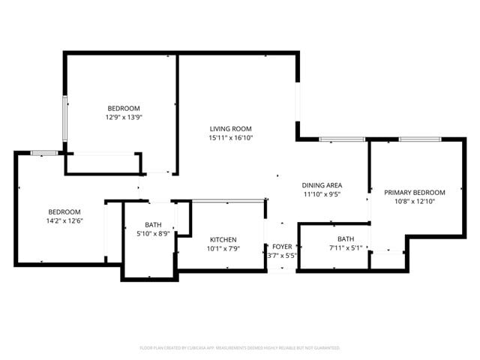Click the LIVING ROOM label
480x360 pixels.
coord(230,128)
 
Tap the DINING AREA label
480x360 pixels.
coord(322,185)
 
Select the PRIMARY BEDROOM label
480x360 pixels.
coord(415,192)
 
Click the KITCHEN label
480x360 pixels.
coord(223,239)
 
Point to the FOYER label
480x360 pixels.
coord(282,246)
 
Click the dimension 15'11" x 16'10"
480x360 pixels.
coord(230,137)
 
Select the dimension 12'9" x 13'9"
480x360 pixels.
coord(124,117)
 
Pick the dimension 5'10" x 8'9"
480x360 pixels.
coord(153,233)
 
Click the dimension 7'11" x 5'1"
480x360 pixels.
coord(346,247)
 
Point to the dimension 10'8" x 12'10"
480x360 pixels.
coord(415,201)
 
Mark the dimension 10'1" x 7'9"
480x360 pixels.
coord(223,248)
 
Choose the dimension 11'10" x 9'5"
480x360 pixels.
coord(322,194)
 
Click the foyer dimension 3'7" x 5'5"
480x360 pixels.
coord(282,255)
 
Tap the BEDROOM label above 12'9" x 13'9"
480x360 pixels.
coord(124,108)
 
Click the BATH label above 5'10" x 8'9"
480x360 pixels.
coord(153,224)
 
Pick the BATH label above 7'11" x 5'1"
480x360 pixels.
coord(346,238)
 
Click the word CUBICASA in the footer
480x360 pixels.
coord(193,348)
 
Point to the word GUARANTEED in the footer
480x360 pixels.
coord(325,348)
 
